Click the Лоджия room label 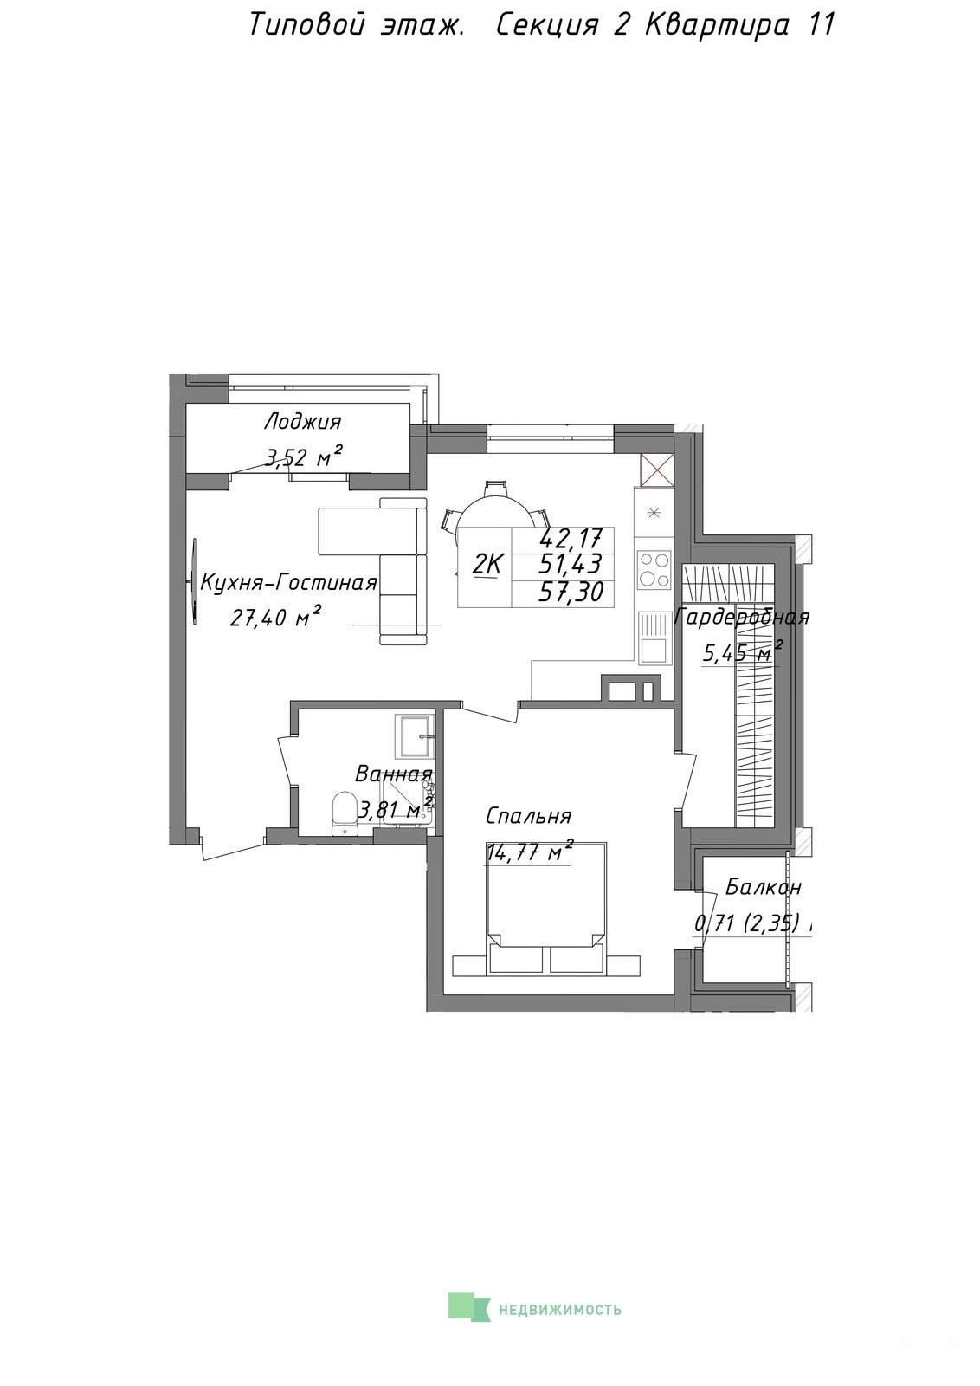(302, 422)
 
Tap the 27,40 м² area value (276, 616)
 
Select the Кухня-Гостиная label (289, 583)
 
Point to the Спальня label (528, 817)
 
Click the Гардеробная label (742, 617)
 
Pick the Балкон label (763, 888)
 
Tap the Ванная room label (393, 774)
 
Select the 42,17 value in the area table (571, 539)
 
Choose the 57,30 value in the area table (571, 593)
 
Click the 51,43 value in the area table (571, 565)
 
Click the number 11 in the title (821, 25)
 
